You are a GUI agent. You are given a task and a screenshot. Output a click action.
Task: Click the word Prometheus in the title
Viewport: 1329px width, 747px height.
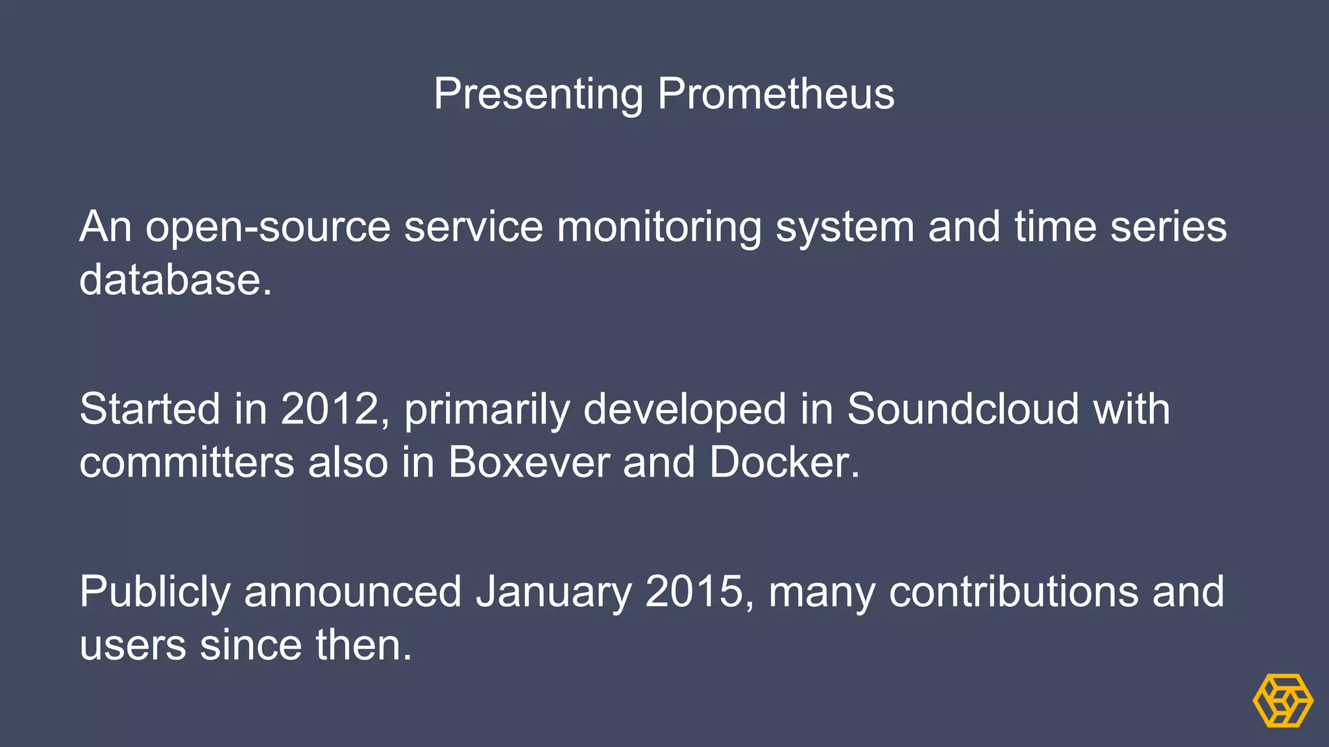click(x=775, y=94)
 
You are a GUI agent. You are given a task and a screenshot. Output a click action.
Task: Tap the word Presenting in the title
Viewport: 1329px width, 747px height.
click(x=538, y=94)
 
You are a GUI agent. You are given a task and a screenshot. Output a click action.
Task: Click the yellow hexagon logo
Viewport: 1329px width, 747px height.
click(x=1282, y=700)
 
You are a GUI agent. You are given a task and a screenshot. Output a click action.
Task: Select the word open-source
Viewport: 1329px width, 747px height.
click(x=267, y=228)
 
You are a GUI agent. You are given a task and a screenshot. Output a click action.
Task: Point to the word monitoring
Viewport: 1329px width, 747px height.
click(x=659, y=228)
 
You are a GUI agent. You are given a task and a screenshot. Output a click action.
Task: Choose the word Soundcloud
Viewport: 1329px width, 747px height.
click(x=962, y=409)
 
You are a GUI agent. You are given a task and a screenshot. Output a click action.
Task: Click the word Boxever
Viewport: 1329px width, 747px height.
click(x=528, y=462)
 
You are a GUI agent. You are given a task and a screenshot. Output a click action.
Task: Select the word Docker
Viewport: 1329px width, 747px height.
click(x=783, y=462)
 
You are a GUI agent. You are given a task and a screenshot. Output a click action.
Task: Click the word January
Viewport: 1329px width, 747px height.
click(x=553, y=592)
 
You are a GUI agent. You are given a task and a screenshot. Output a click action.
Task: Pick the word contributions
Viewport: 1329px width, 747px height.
click(x=1013, y=592)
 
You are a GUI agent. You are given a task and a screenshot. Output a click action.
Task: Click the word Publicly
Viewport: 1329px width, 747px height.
click(x=154, y=592)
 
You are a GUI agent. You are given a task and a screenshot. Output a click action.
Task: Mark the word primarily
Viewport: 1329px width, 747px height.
click(x=487, y=409)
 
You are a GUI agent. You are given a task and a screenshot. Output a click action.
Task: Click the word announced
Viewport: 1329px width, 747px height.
click(x=352, y=592)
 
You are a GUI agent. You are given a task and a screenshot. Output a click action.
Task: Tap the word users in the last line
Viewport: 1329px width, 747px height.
click(x=132, y=645)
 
